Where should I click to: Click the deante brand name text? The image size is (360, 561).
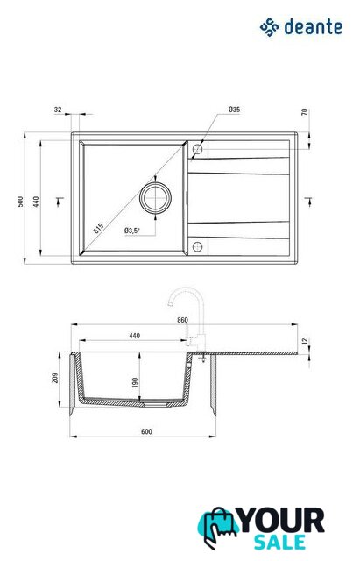314,27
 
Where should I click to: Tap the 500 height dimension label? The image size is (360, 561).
20,202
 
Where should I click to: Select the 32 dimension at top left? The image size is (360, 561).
58,110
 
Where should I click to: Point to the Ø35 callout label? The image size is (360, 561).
234,110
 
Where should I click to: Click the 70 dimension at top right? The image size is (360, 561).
304,112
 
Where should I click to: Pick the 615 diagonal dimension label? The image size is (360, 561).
98,228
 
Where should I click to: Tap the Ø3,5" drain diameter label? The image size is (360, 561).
132,231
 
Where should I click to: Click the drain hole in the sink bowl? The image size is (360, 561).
155,198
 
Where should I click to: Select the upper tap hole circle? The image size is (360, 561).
197,149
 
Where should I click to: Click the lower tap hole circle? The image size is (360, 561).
197,246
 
